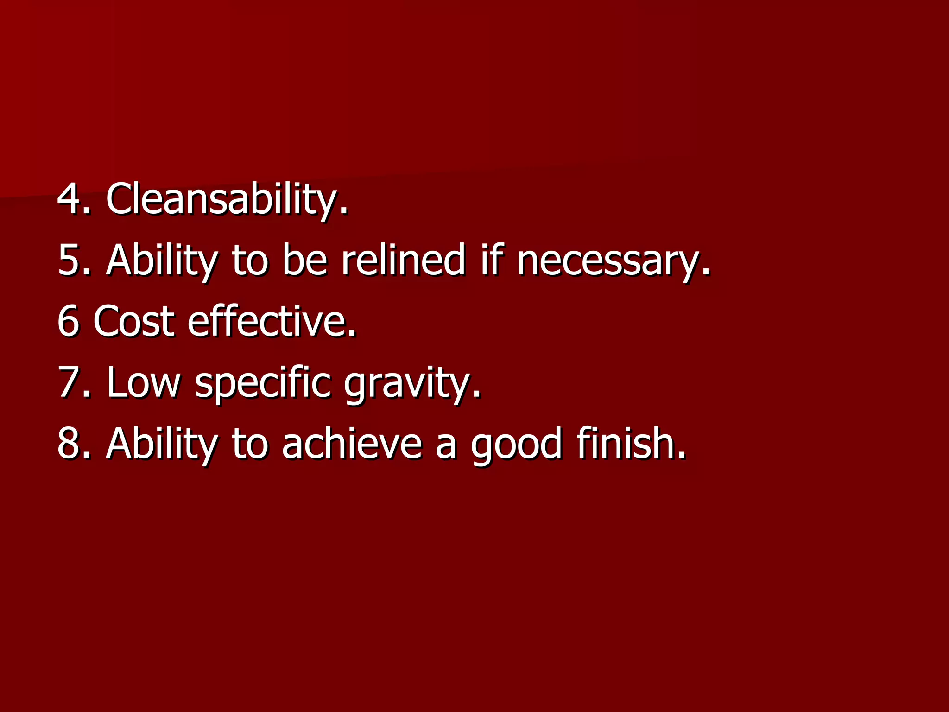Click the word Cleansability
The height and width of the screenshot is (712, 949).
point(227,199)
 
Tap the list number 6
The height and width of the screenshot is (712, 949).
point(68,321)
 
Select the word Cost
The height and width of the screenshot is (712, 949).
point(134,321)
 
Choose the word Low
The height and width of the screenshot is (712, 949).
point(143,382)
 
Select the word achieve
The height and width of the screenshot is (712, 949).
point(352,443)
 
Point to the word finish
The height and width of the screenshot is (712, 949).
point(631,443)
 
